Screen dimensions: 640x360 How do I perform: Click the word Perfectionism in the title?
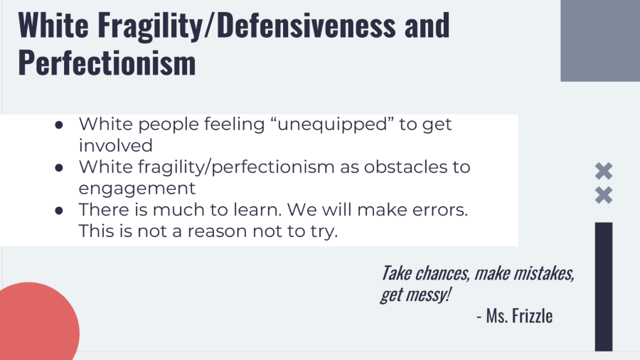(x=107, y=63)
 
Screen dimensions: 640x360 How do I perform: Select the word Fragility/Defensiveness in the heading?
(x=247, y=26)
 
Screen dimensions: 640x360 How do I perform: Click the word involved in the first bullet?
(x=115, y=146)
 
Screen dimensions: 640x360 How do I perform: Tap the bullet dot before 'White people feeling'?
(x=59, y=125)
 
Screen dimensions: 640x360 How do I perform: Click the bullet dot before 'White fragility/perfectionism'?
(x=59, y=168)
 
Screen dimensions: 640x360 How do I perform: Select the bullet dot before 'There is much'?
(x=59, y=211)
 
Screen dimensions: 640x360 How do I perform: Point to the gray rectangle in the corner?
(x=600, y=41)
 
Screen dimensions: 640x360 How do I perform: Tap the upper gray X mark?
(x=604, y=171)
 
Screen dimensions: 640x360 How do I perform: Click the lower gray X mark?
(x=604, y=195)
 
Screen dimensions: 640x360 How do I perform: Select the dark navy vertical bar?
(x=604, y=287)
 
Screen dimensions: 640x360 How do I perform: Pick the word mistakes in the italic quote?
(x=544, y=273)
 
